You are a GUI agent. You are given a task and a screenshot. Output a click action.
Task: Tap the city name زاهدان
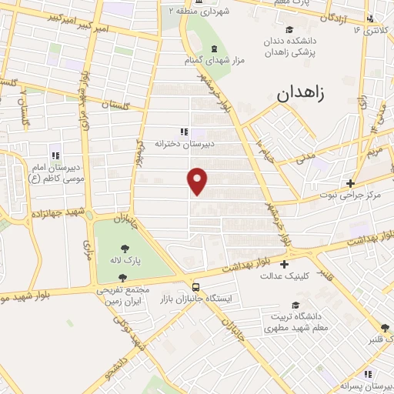tap(300, 95)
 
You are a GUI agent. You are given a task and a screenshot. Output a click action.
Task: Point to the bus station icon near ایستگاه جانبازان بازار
tap(195, 284)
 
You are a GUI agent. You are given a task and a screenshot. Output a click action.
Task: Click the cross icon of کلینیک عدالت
tap(284, 264)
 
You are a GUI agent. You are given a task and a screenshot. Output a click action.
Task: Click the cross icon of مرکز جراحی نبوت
tap(350, 183)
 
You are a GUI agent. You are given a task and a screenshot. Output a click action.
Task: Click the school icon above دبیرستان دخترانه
tap(183, 132)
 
